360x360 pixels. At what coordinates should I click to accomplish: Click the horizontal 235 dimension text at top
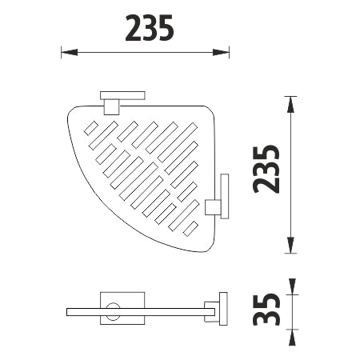point(150,28)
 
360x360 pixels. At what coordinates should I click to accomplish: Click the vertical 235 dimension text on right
point(266,169)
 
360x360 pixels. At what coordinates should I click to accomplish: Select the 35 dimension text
point(266,310)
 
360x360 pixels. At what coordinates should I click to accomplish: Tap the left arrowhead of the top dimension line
point(70,52)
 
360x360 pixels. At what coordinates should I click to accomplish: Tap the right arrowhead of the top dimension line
point(221,52)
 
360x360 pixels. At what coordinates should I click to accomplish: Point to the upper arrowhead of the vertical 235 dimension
point(290,104)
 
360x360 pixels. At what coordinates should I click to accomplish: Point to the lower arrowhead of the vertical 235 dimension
point(290,245)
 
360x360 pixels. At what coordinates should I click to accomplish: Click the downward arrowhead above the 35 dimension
point(292,286)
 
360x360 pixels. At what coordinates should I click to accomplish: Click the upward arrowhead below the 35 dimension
point(292,338)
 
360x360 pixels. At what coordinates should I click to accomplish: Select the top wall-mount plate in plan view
point(122,95)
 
